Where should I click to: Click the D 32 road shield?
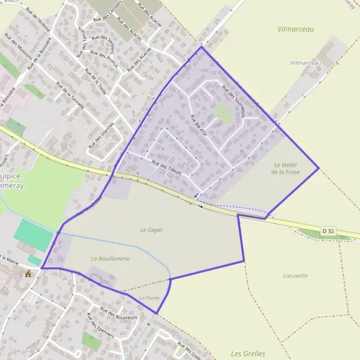(x=328, y=230)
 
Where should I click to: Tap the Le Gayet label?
(x=151, y=229)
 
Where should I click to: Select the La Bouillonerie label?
(x=110, y=258)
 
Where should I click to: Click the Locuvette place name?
(x=295, y=275)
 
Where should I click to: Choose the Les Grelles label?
(x=248, y=353)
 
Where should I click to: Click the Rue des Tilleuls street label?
(x=166, y=166)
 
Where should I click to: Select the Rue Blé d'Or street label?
(x=199, y=124)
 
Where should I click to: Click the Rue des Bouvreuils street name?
(x=119, y=313)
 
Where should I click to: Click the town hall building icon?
(x=28, y=274)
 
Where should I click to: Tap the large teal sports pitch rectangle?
(x=34, y=235)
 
